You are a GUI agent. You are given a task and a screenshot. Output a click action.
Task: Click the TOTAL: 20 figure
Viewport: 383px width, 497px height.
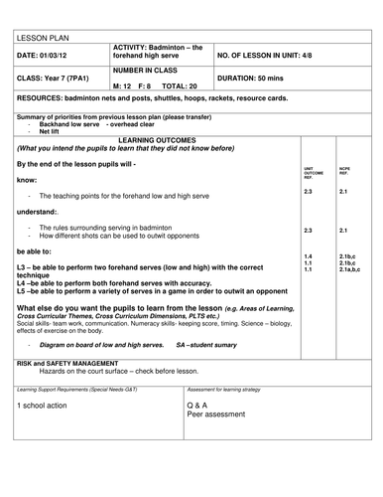point(180,87)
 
